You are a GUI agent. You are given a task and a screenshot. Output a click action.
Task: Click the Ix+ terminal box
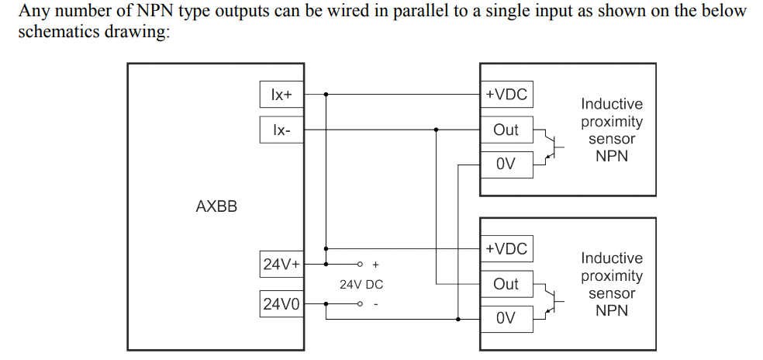pos(281,95)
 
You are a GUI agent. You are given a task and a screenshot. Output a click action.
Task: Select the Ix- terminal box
pos(281,130)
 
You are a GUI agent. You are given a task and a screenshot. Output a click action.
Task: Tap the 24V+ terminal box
pos(281,265)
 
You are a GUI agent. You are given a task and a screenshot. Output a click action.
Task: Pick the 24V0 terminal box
pos(281,304)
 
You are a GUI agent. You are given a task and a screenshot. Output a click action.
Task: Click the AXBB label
pos(216,207)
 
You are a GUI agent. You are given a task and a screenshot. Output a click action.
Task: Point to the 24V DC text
pos(361,285)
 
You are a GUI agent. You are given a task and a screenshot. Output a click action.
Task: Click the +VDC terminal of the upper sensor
pos(506,95)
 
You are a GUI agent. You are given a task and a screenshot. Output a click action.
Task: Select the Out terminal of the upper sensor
pos(506,130)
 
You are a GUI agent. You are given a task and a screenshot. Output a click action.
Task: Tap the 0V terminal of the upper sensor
pos(506,164)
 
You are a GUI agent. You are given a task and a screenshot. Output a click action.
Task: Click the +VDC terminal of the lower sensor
pos(506,249)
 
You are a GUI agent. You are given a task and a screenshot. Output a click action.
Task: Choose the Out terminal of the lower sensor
pos(506,284)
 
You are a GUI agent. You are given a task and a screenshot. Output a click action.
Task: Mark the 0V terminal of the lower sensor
pos(506,318)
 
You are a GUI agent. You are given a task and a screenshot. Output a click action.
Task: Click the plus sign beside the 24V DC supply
pos(376,265)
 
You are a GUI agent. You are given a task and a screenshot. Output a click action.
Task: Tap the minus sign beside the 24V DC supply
pos(376,304)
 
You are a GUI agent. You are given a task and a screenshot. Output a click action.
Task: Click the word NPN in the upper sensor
pos(612,157)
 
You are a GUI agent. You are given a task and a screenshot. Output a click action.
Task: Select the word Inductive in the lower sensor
pos(612,258)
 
